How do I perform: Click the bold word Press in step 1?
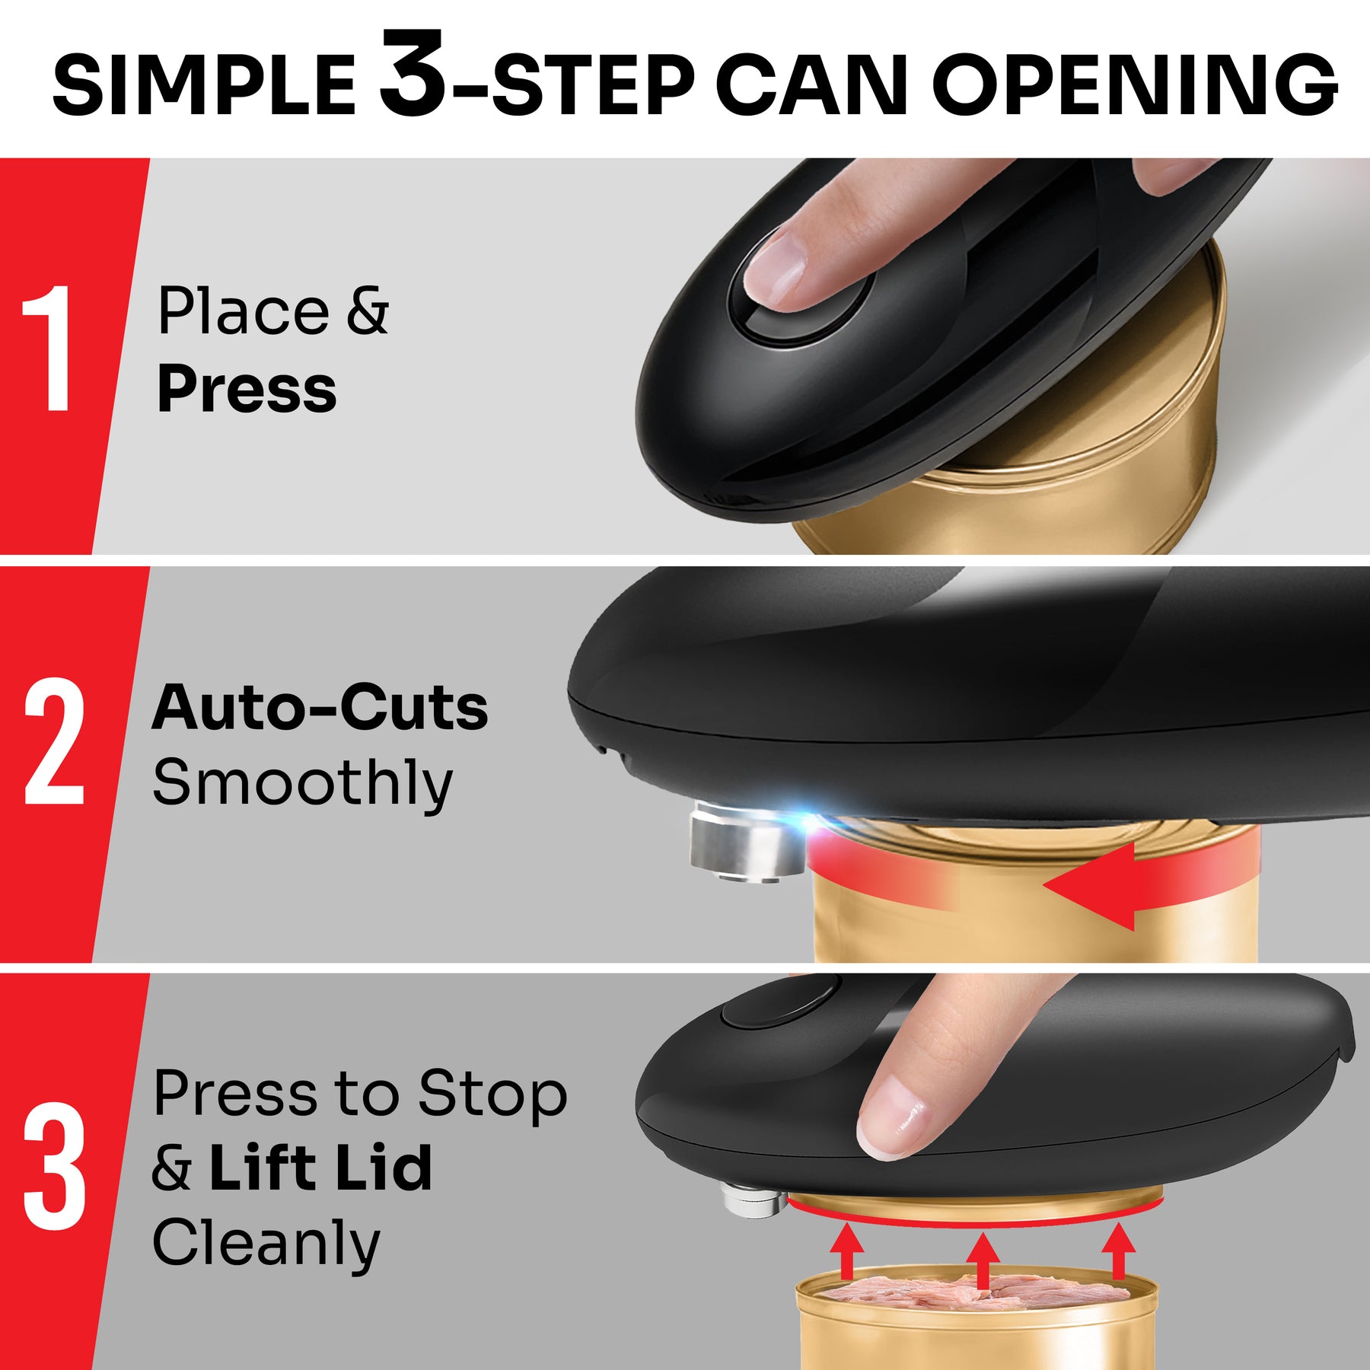coord(247,389)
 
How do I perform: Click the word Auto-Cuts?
coord(320,707)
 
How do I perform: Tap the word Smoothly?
coord(302,785)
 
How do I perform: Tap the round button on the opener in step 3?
coord(780,1004)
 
